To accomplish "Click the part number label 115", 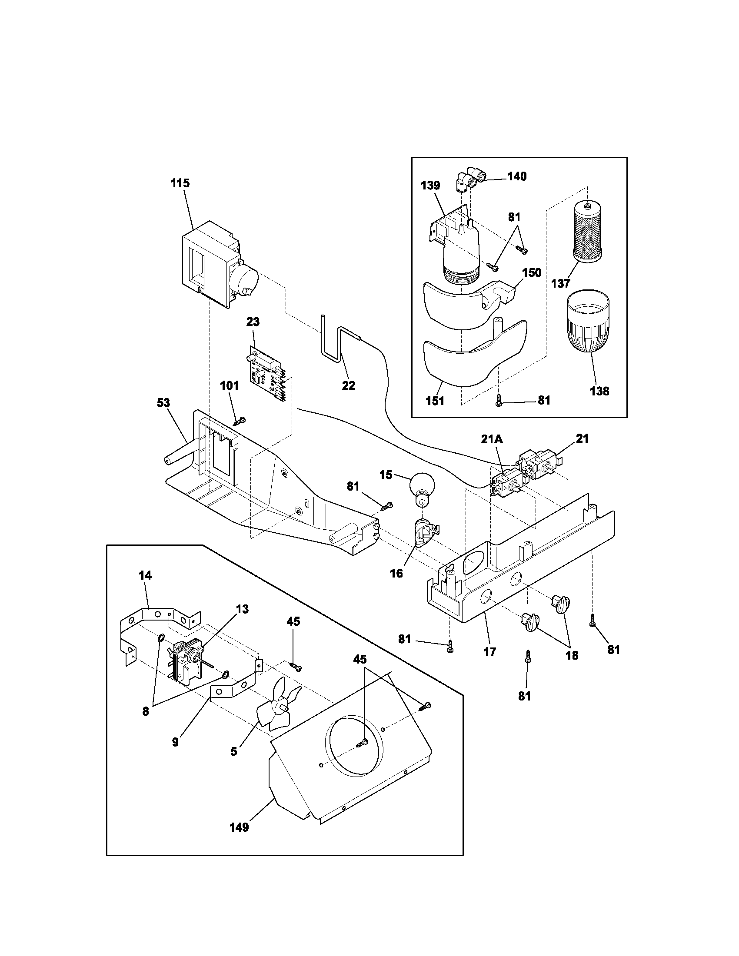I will (180, 183).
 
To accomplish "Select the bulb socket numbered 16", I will (425, 534).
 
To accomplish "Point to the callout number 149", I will (239, 827).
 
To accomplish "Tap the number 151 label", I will (435, 401).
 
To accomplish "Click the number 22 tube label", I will (349, 385).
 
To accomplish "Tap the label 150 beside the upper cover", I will (532, 273).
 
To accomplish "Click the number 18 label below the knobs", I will (572, 655).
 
